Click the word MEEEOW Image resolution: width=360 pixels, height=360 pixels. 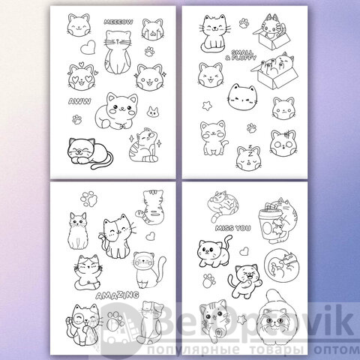point(118,22)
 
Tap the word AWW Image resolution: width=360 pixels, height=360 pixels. point(79,101)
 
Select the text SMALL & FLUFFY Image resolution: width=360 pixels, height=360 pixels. point(241,55)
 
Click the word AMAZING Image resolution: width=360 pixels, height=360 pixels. point(117,295)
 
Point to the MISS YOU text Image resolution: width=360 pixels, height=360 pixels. point(232,228)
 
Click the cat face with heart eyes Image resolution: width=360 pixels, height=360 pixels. point(82,76)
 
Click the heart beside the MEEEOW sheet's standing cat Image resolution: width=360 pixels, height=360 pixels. point(88,47)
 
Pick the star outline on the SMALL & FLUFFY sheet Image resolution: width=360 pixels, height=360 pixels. point(207,106)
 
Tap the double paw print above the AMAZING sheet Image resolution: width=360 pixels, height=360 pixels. point(88,199)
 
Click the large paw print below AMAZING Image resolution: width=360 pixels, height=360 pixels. point(115,320)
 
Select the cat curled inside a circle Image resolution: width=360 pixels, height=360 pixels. point(282,265)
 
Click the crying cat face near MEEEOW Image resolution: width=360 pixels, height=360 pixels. point(153,29)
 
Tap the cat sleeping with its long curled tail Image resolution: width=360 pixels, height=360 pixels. point(90,153)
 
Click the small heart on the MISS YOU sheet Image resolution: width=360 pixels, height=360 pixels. point(244,251)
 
